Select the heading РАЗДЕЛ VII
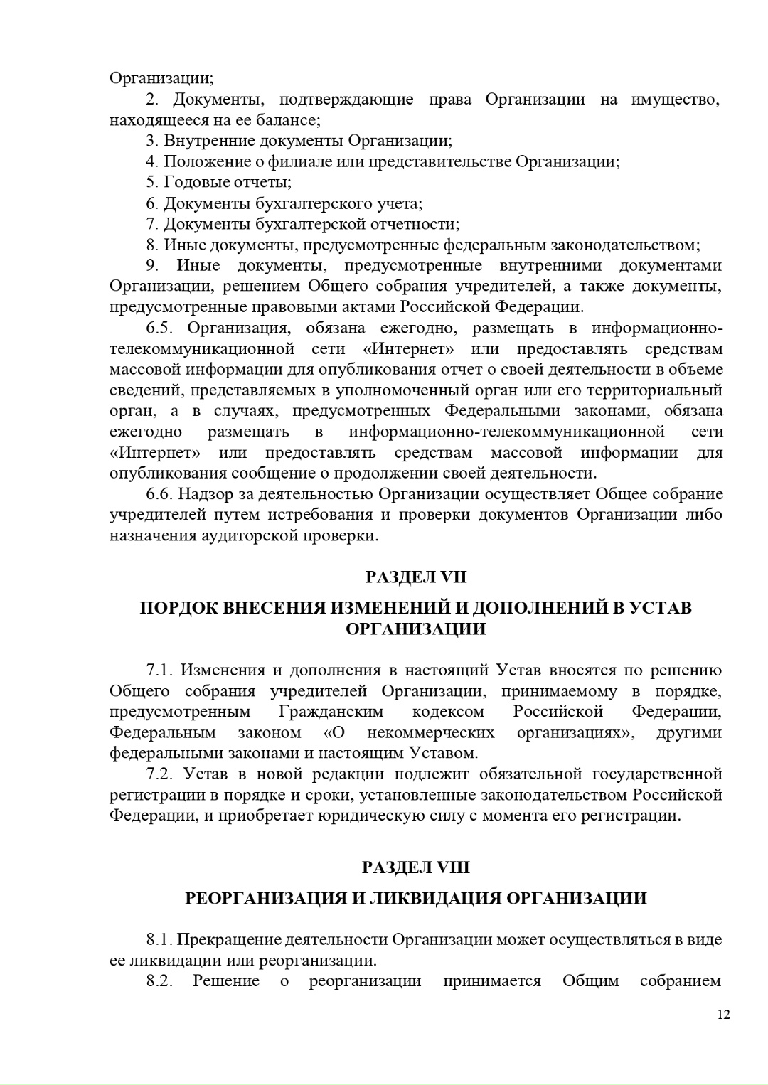tap(416, 577)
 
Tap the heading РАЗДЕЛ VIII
tap(416, 867)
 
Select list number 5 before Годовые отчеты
tap(151, 183)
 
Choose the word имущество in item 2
tap(676, 100)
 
